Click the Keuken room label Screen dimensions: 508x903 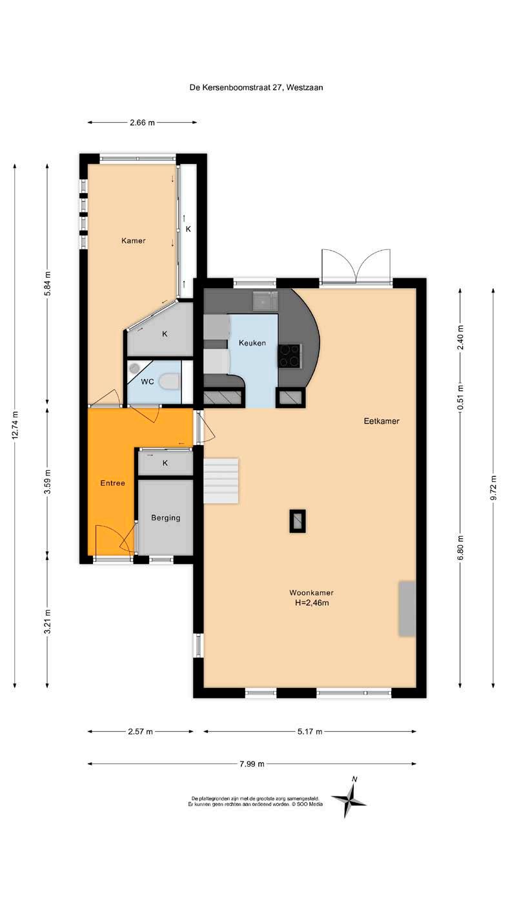(x=252, y=343)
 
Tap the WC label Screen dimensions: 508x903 (x=147, y=381)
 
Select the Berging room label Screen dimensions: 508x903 (x=166, y=517)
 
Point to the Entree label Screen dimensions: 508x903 (x=112, y=483)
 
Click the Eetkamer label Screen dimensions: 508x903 (x=381, y=421)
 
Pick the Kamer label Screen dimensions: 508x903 (x=134, y=241)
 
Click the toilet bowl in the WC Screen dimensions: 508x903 (x=169, y=381)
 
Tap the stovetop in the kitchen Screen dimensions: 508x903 (x=290, y=355)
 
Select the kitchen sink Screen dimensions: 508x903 (x=265, y=301)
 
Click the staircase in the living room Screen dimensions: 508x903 (x=221, y=481)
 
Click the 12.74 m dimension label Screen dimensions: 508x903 (x=15, y=426)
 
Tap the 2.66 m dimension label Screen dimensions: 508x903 (x=142, y=123)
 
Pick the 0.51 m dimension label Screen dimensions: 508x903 (x=460, y=397)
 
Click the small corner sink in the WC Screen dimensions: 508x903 (x=134, y=368)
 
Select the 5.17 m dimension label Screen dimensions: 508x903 (x=310, y=731)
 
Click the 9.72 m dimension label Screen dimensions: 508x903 (x=493, y=488)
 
